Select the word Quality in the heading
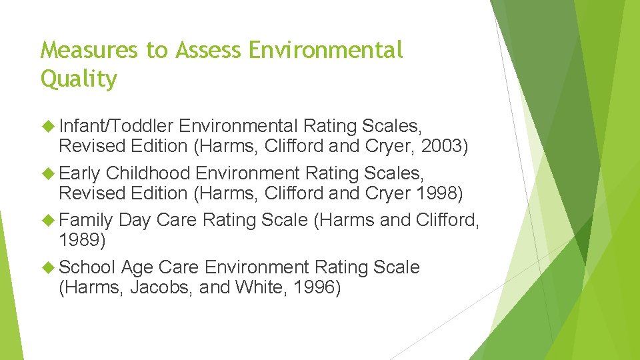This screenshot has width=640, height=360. click(x=79, y=79)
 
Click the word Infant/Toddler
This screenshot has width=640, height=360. click(x=117, y=126)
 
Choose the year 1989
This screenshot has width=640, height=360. click(x=83, y=240)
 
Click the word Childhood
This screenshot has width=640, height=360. click(x=148, y=173)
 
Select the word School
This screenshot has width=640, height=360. click(x=87, y=267)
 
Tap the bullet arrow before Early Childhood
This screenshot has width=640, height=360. click(x=48, y=173)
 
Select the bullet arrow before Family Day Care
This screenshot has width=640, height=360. click(x=48, y=220)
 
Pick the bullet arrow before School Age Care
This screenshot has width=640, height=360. click(x=48, y=267)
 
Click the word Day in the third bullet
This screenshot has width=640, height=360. click(x=134, y=220)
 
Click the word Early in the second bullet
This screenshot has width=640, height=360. click(x=79, y=173)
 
